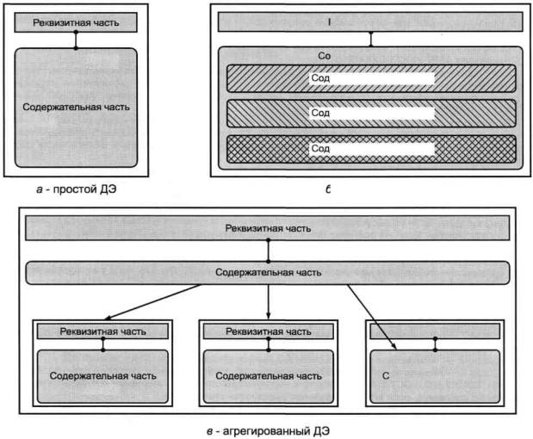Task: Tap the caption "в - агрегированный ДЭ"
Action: [x=268, y=428]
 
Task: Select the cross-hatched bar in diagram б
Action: [x=482, y=149]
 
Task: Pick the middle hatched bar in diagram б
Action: [x=482, y=114]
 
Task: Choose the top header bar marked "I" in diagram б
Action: [x=370, y=22]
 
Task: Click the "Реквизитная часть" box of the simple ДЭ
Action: [x=77, y=22]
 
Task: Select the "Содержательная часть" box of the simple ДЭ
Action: [x=77, y=108]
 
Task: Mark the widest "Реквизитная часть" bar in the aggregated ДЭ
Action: [x=268, y=229]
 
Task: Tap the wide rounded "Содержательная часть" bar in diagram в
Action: [x=268, y=273]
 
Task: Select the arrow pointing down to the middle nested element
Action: [x=270, y=301]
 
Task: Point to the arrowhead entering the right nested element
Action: [x=394, y=347]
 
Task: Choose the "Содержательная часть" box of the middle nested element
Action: [x=269, y=376]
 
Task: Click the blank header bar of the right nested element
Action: [x=435, y=331]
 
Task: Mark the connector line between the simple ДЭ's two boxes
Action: [x=76, y=40]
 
